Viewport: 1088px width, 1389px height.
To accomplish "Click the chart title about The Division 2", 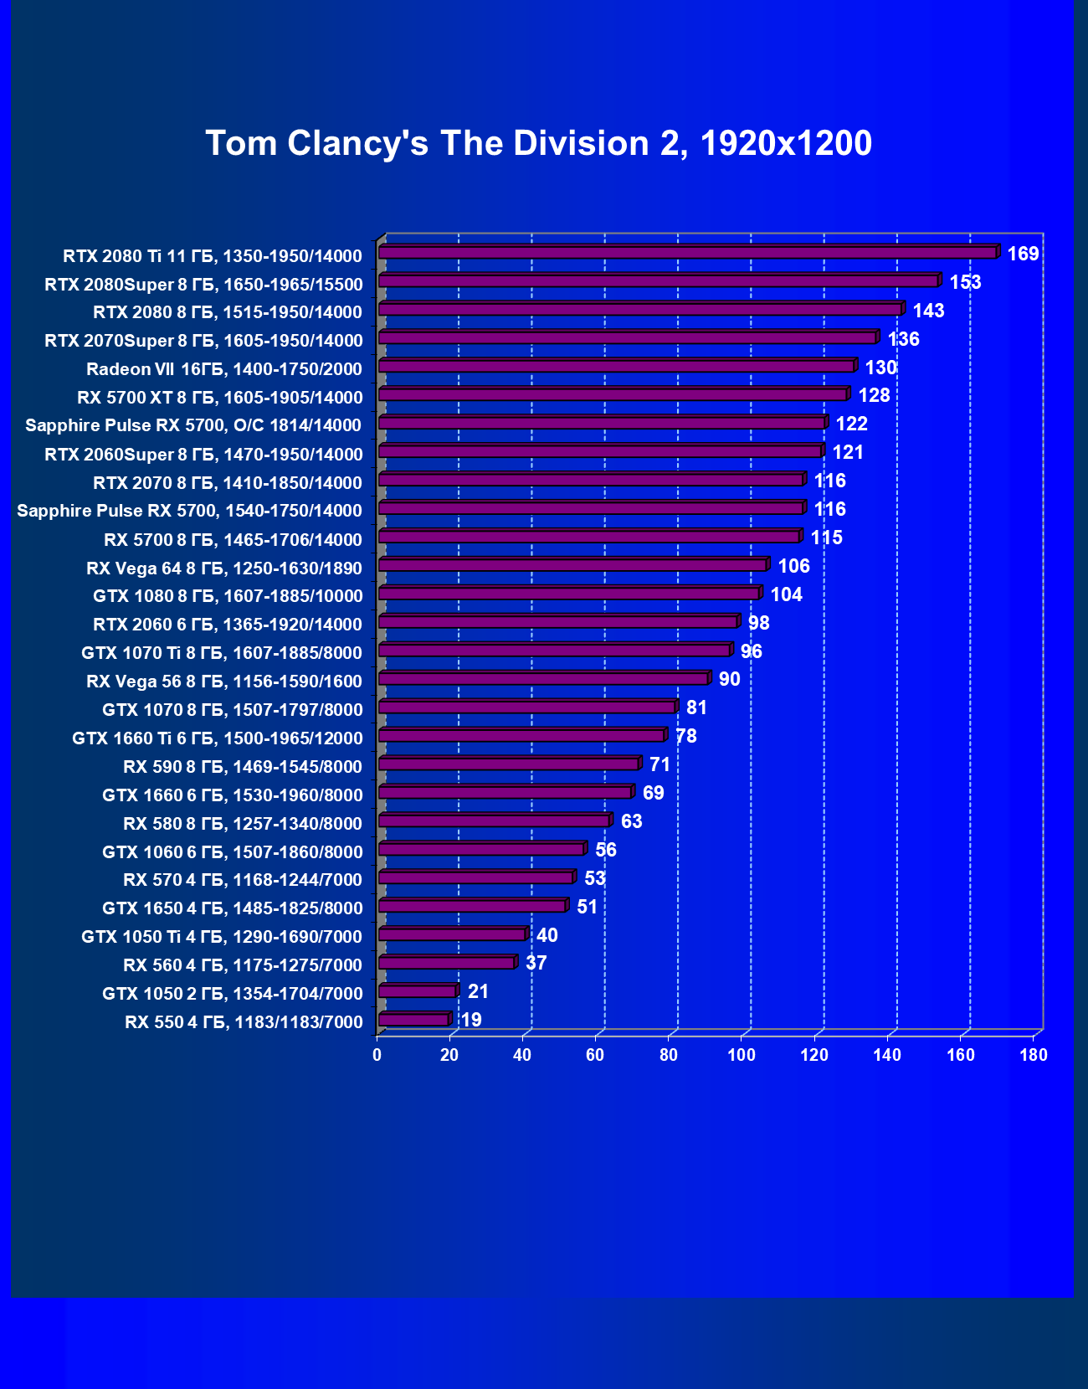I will click(x=538, y=143).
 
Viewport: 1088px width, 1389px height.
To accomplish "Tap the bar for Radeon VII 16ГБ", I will click(x=616, y=366).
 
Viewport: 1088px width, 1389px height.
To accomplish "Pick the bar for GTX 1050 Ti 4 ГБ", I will click(x=452, y=934).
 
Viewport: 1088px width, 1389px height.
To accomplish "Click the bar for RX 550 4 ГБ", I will click(x=413, y=1020).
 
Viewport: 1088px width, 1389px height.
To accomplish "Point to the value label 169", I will click(x=1023, y=254).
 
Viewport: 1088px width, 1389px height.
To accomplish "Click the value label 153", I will click(x=965, y=282).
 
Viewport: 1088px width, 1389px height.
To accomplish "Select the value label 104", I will click(x=786, y=594).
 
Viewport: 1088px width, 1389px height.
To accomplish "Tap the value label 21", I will click(x=478, y=991).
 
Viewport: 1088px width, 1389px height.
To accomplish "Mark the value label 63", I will click(x=631, y=821).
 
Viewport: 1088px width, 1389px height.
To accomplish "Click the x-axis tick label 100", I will click(x=742, y=1055).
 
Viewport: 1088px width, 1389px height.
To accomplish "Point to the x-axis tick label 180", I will click(x=1034, y=1055).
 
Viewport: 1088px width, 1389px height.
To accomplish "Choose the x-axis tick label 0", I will click(x=377, y=1055).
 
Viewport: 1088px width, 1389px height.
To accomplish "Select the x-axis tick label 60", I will click(x=595, y=1055).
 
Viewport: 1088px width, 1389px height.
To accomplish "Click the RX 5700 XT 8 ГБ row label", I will click(x=220, y=398).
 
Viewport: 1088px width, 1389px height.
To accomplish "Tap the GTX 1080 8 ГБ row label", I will click(x=228, y=596).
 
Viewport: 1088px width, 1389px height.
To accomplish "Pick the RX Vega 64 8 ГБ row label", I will click(x=224, y=568).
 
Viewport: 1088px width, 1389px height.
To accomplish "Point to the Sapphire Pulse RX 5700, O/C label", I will click(x=193, y=425).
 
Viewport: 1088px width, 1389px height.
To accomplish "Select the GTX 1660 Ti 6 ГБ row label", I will click(x=218, y=738).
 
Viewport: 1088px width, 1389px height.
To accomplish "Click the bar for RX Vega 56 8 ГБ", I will click(x=543, y=678).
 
